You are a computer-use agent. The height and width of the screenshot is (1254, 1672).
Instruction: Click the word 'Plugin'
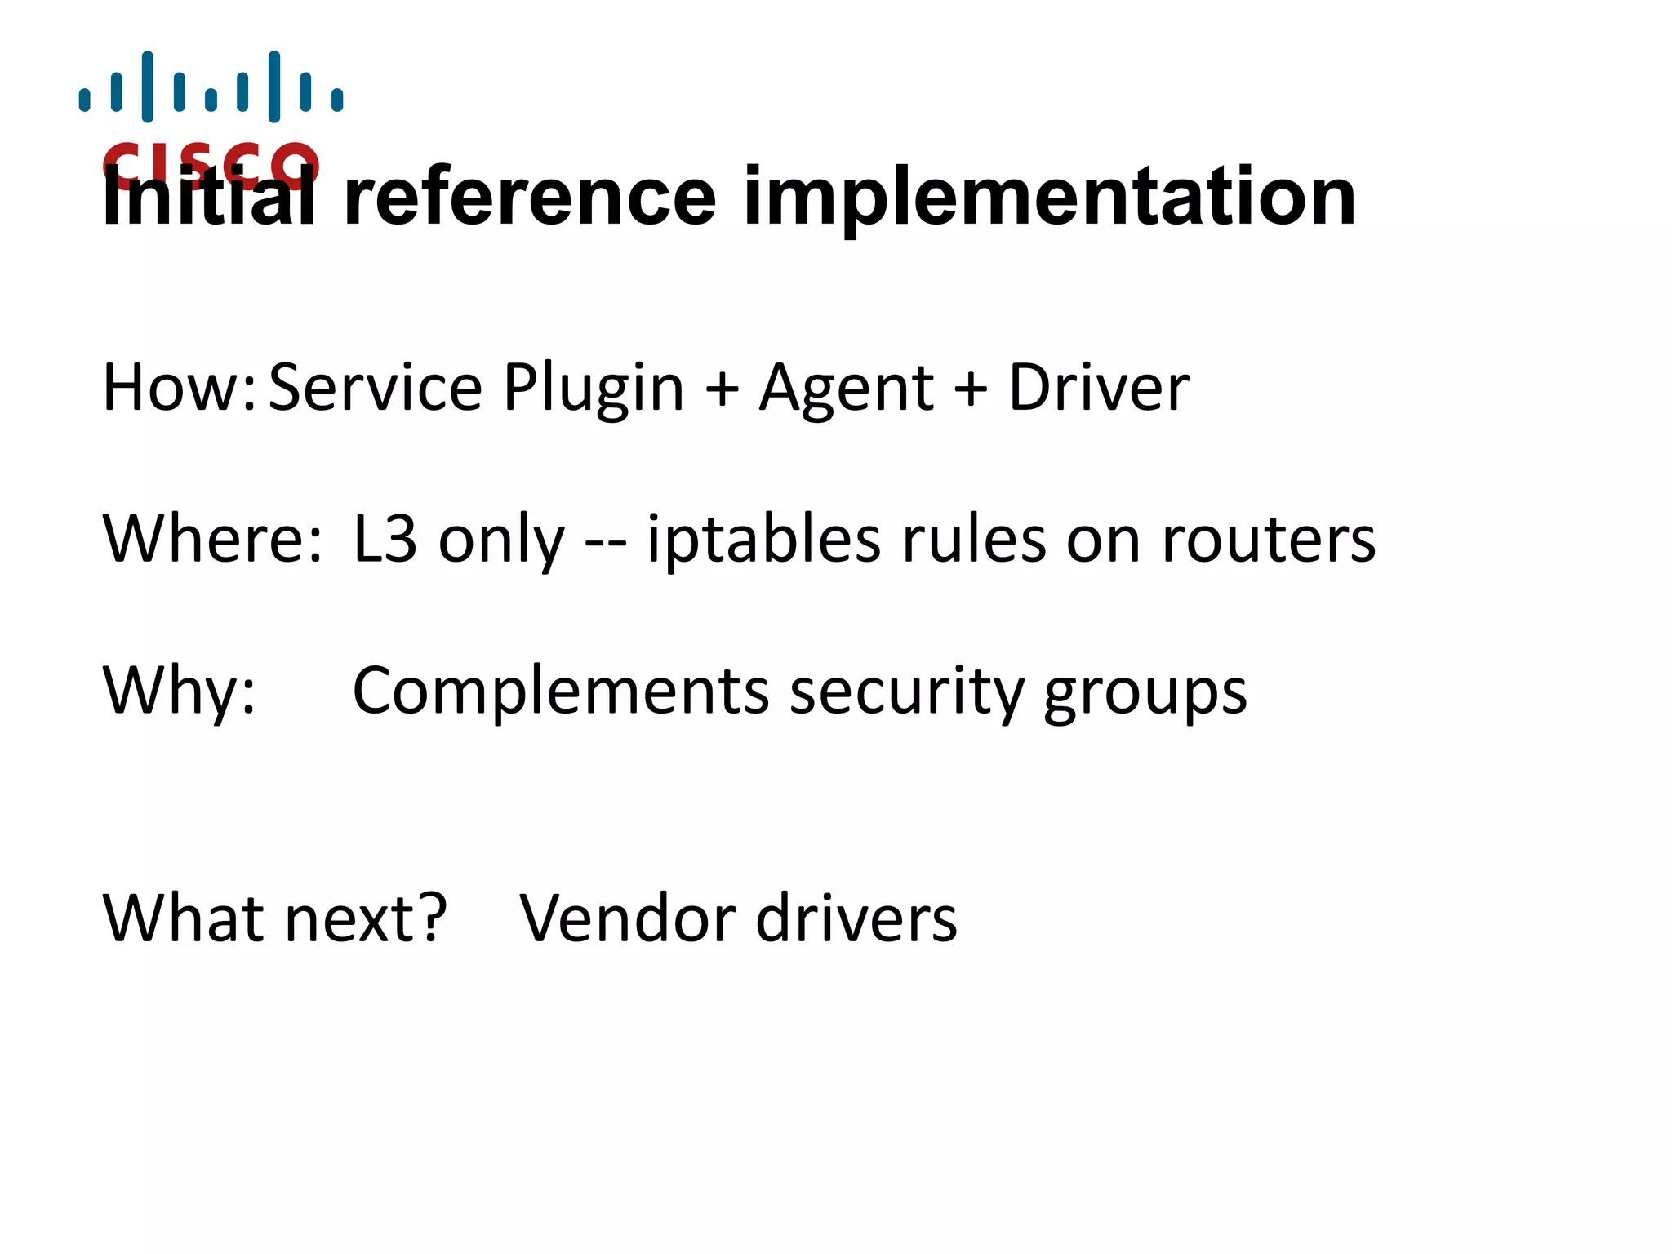click(594, 389)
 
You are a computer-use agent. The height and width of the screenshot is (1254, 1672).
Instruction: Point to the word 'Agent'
click(846, 389)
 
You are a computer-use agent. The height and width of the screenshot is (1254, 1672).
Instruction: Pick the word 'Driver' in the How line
click(1099, 387)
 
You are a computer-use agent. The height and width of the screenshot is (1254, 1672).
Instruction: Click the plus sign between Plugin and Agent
click(722, 389)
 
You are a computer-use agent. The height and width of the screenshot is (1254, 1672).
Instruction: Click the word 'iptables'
click(764, 540)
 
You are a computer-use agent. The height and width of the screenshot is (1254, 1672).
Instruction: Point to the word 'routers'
click(1269, 540)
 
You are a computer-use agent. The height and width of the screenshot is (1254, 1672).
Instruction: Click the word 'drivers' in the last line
click(856, 918)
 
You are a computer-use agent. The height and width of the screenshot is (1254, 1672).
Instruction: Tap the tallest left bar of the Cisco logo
click(148, 87)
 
